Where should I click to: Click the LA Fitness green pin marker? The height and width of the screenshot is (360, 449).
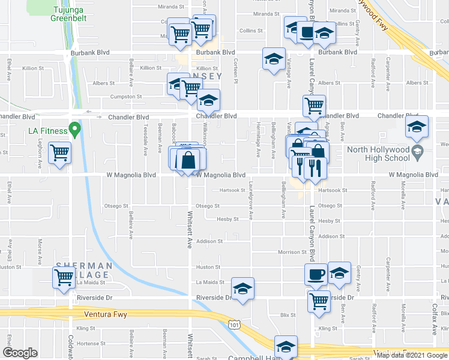pyautogui.click(x=74, y=129)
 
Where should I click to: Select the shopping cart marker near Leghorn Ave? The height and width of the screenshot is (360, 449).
pyautogui.click(x=59, y=153)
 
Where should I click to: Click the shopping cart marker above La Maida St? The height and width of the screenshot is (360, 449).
pyautogui.click(x=64, y=278)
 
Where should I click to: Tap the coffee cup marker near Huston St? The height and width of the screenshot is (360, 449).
pyautogui.click(x=316, y=275)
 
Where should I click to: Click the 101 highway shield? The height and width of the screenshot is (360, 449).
pyautogui.click(x=234, y=325)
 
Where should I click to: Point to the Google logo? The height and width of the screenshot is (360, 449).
pyautogui.click(x=20, y=353)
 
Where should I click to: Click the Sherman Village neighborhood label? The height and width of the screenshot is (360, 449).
pyautogui.click(x=84, y=269)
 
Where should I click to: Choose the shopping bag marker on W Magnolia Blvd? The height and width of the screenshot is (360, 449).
pyautogui.click(x=188, y=160)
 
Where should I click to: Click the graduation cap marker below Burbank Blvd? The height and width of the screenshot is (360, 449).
pyautogui.click(x=274, y=60)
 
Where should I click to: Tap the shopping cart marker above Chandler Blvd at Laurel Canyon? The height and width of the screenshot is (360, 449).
pyautogui.click(x=315, y=107)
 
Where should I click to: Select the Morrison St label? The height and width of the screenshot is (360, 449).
pyautogui.click(x=292, y=252)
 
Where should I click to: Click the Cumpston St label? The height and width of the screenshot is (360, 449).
pyautogui.click(x=126, y=96)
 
